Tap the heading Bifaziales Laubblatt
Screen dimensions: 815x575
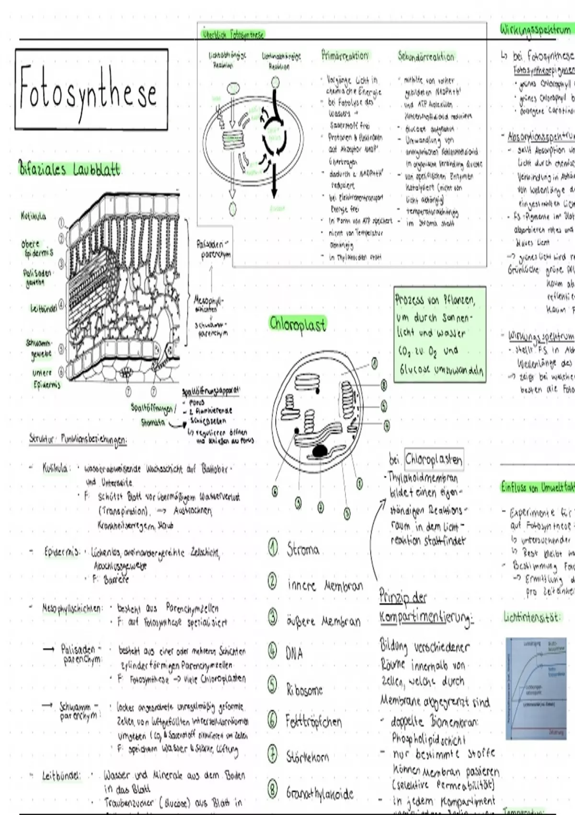click(x=69, y=169)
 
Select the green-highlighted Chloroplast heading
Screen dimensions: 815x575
click(x=297, y=324)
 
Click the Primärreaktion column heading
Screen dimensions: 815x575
click(x=345, y=56)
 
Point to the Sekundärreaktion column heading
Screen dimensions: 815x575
click(x=425, y=57)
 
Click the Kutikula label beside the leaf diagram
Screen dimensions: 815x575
click(x=34, y=216)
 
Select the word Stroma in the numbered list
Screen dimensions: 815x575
click(x=303, y=549)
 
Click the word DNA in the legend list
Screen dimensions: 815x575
click(x=294, y=653)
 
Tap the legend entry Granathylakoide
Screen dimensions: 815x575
click(x=320, y=793)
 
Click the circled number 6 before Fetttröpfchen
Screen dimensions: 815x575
click(x=272, y=720)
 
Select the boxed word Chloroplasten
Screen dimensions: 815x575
click(x=434, y=460)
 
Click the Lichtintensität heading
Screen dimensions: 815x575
click(x=531, y=617)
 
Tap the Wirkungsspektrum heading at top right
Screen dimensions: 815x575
click(x=536, y=30)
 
